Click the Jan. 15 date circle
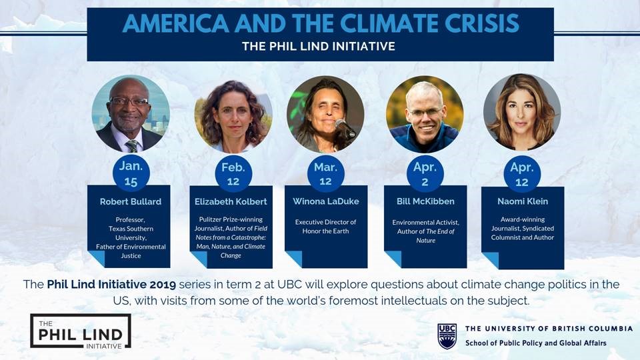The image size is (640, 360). point(131,173)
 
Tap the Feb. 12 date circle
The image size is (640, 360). point(233,174)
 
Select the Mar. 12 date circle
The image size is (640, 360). point(326,174)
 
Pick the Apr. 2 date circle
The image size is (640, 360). point(425,174)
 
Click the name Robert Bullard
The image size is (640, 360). point(131,201)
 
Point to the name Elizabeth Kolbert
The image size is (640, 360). point(231,201)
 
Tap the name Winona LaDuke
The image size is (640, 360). point(326,201)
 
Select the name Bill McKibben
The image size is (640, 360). point(425,201)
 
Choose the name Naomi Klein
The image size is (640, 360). point(523,201)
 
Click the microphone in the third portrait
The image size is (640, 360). point(345,128)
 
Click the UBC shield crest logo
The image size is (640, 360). point(447,336)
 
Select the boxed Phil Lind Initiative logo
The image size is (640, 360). point(81,331)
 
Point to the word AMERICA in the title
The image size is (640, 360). point(176,23)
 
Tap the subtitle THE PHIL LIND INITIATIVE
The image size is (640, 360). point(319,46)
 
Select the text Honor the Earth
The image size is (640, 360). point(326,231)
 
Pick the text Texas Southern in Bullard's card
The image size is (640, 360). point(131,229)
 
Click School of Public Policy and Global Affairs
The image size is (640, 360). point(536,343)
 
